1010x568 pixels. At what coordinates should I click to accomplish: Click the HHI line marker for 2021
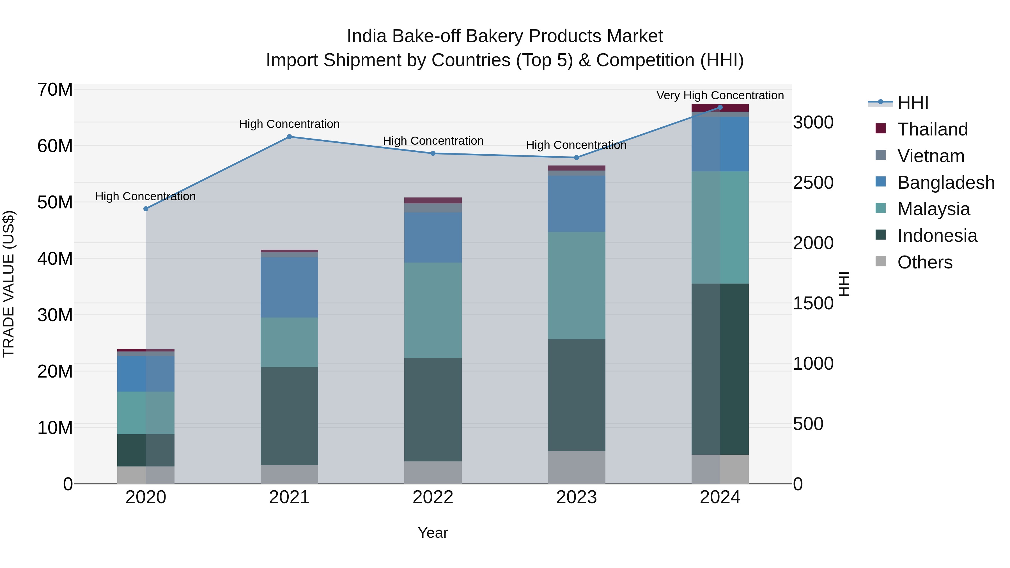pyautogui.click(x=289, y=137)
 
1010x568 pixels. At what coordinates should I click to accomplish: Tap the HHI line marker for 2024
pyautogui.click(x=720, y=107)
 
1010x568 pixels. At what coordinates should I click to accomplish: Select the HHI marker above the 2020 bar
pyautogui.click(x=146, y=209)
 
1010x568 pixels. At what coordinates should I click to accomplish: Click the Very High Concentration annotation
pyautogui.click(x=720, y=96)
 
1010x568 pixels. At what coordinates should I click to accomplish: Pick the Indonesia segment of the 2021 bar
pyautogui.click(x=289, y=416)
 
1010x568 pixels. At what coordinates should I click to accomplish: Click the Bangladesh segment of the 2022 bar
pyautogui.click(x=433, y=238)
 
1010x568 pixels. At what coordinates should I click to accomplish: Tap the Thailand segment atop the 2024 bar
pyautogui.click(x=720, y=108)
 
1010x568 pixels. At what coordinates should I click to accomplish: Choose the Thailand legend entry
pyautogui.click(x=932, y=129)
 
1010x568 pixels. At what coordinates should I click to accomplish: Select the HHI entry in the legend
pyautogui.click(x=913, y=103)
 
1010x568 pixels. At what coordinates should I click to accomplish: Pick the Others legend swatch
pyautogui.click(x=881, y=261)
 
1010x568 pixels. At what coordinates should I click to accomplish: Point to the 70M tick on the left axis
pyautogui.click(x=55, y=90)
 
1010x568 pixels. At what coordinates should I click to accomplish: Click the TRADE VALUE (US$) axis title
pyautogui.click(x=9, y=284)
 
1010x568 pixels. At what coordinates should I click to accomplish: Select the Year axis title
pyautogui.click(x=433, y=533)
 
